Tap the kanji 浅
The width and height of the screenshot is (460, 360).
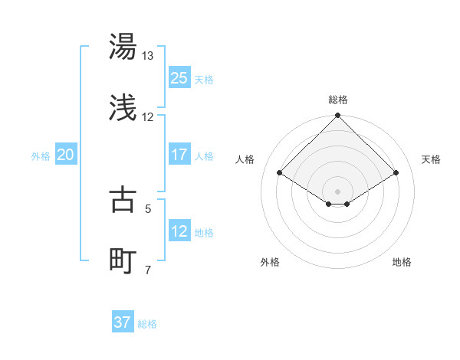[x=123, y=109]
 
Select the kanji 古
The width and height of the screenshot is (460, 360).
[x=123, y=200]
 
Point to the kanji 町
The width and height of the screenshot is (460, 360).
[x=123, y=261]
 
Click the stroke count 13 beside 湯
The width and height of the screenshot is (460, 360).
[x=147, y=56]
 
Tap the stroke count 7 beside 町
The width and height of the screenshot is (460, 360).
[x=148, y=270]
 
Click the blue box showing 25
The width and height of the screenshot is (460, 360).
[x=179, y=77]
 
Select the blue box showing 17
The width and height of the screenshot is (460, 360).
[x=179, y=154]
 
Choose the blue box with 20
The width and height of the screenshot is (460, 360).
[x=65, y=155]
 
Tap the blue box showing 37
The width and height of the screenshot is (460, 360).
[x=122, y=322]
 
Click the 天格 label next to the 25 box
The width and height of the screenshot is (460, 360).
[x=203, y=79]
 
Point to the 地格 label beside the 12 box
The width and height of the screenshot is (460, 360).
[x=203, y=232]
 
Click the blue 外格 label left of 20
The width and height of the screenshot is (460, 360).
[x=41, y=155]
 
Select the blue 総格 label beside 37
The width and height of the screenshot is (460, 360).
[x=146, y=324]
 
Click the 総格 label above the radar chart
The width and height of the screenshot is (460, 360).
[x=337, y=100]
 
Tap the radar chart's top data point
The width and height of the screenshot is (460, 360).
[x=337, y=116]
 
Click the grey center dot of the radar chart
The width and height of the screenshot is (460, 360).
[x=337, y=190]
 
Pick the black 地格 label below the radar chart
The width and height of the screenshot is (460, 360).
[x=402, y=263]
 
